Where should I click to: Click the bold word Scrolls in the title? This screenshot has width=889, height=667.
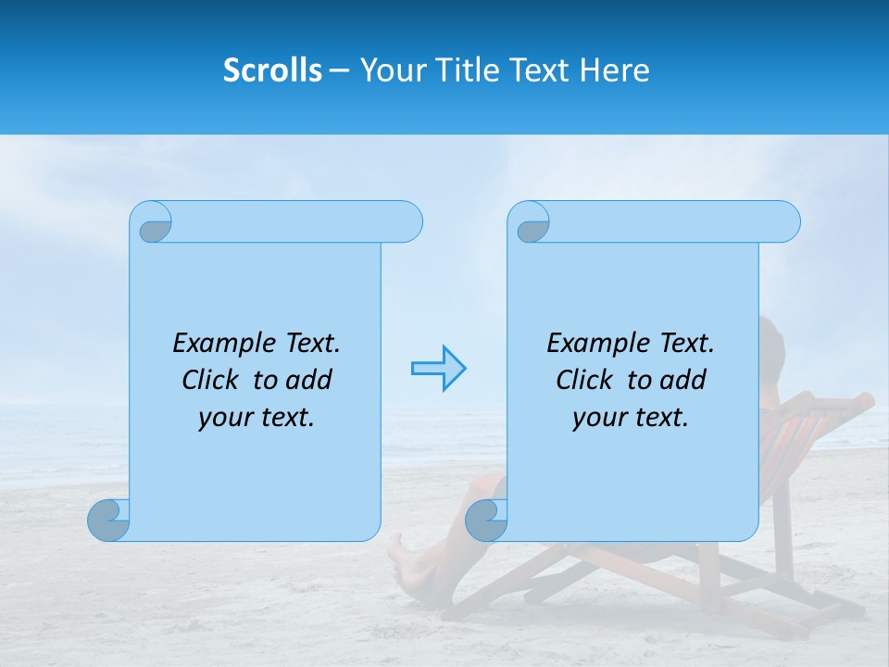tap(273, 70)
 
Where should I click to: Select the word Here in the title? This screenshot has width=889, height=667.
tap(614, 70)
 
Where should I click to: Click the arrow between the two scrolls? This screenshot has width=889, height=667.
tap(438, 369)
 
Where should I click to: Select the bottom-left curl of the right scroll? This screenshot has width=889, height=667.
tap(486, 520)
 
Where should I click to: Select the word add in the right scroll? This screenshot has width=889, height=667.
tap(682, 380)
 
